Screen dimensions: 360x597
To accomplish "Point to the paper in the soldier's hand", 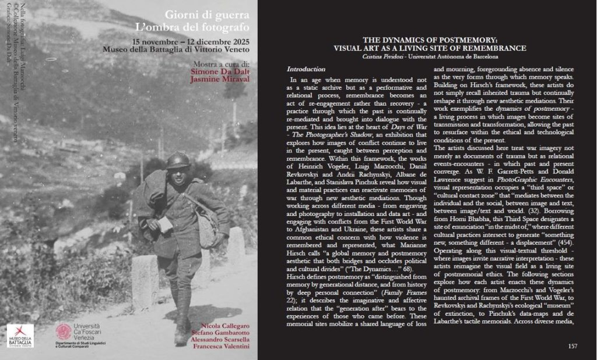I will coord(165,224).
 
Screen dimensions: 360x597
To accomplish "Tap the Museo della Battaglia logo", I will coord(20,335).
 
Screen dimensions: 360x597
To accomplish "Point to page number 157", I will coord(573,346).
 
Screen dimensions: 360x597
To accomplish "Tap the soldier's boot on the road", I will coord(181,334).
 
